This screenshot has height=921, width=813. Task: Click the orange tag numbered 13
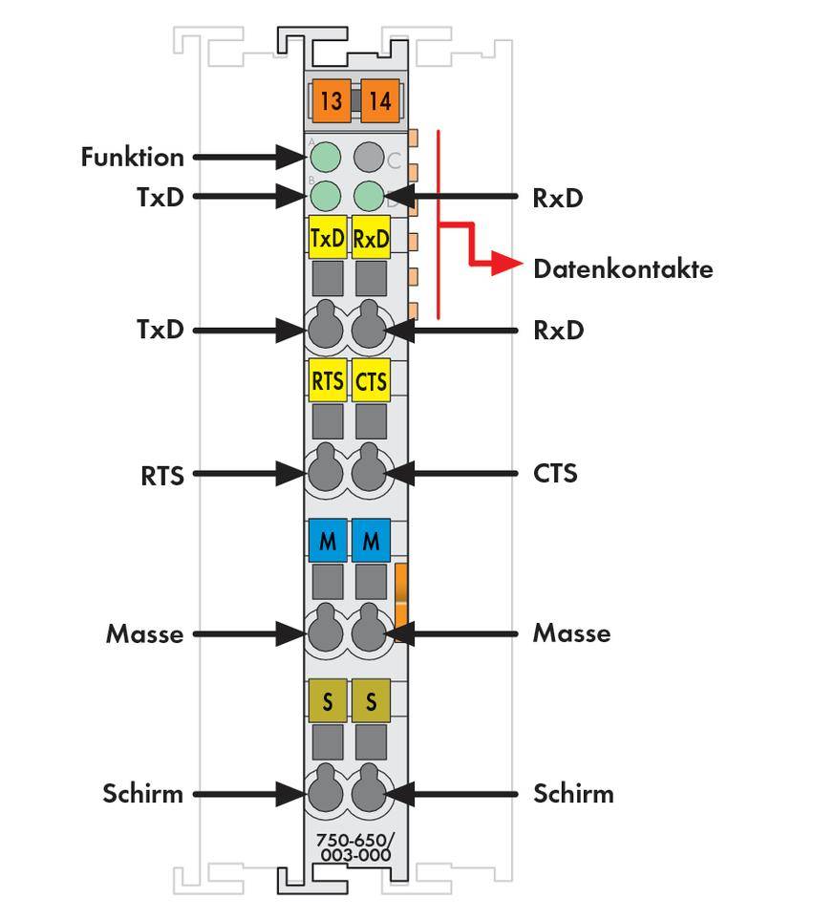pos(331,100)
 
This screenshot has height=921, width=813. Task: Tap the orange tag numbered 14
pos(380,100)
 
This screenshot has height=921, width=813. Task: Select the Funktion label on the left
pos(132,157)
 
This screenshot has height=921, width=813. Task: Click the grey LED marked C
pos(369,157)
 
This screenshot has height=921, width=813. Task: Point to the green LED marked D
pos(369,196)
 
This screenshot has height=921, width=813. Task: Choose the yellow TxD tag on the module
pos(328,239)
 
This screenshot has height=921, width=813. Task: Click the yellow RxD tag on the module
pos(371,239)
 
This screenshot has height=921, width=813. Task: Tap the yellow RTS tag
pos(328,381)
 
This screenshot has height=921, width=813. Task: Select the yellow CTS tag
pos(371,381)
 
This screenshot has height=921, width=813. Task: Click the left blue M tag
pos(328,542)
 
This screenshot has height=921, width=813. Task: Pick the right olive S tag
pos(371,702)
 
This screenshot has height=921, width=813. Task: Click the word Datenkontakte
pos(622,269)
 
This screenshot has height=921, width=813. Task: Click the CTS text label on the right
pos(555,473)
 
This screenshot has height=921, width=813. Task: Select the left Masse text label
pos(144,633)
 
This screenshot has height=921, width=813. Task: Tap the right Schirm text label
pos(573,794)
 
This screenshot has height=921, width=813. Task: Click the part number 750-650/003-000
pos(355,847)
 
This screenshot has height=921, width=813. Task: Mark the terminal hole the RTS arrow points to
pos(325,472)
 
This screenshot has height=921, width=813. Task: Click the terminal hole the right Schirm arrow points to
pos(368,793)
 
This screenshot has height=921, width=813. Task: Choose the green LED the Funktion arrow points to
pos(326,157)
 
